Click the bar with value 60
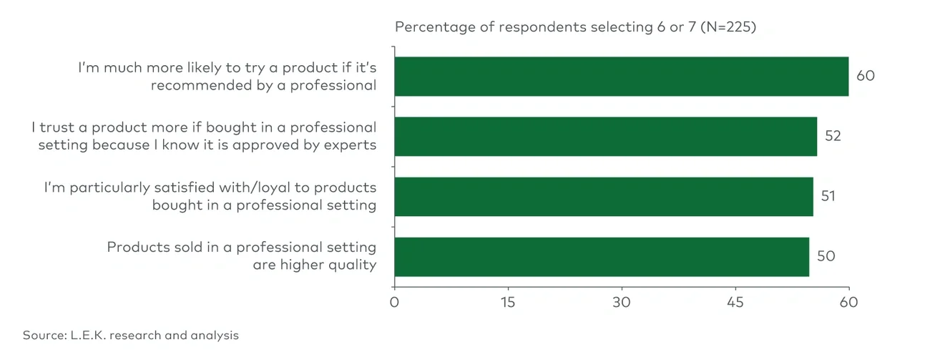(621, 77)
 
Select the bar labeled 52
(605, 136)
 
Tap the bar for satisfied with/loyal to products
(603, 196)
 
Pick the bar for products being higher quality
(601, 256)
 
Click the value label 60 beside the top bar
(865, 76)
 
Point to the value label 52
(833, 136)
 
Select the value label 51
(828, 196)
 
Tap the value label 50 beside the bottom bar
(826, 256)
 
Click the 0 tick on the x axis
(394, 303)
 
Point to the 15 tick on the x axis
(508, 303)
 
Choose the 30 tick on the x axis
(622, 303)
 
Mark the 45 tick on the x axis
(735, 303)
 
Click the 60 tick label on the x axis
(848, 303)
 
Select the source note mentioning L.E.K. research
(130, 335)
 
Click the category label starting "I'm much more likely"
(227, 76)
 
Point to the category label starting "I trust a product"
(204, 136)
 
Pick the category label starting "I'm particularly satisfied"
(210, 196)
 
